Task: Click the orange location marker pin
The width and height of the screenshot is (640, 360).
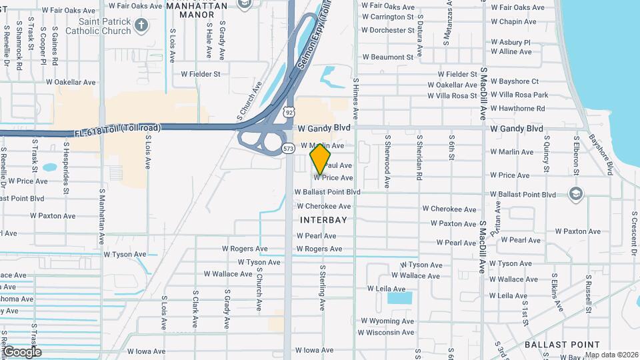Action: coord(321,159)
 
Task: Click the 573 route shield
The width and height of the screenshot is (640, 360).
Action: coord(287,148)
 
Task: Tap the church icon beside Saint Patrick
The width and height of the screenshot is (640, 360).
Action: coord(141,25)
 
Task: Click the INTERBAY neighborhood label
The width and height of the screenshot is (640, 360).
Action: coord(323,219)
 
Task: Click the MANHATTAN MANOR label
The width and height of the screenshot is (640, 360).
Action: coord(197,9)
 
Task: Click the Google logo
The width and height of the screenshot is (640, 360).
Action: coord(21,352)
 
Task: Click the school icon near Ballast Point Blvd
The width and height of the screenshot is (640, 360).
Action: coord(575,193)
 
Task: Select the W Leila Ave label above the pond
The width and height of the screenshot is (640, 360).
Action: coord(386,289)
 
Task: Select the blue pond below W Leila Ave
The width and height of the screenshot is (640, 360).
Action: coord(399,298)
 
